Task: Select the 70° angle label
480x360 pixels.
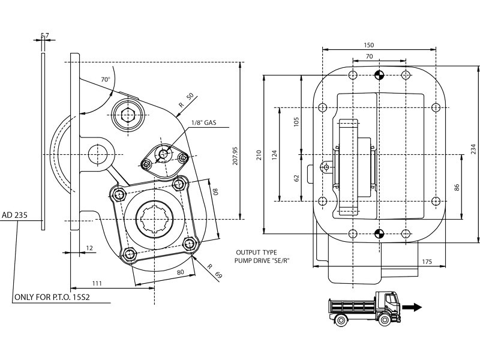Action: pyautogui.click(x=106, y=79)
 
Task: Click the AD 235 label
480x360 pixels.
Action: pyautogui.click(x=14, y=214)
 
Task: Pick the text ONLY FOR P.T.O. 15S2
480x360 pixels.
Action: pyautogui.click(x=56, y=297)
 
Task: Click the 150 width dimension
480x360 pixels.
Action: pyautogui.click(x=368, y=45)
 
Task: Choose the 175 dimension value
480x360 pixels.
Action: pyautogui.click(x=427, y=262)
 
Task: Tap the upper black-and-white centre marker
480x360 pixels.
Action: pyautogui.click(x=379, y=75)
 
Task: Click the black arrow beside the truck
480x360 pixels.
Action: pyautogui.click(x=412, y=307)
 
